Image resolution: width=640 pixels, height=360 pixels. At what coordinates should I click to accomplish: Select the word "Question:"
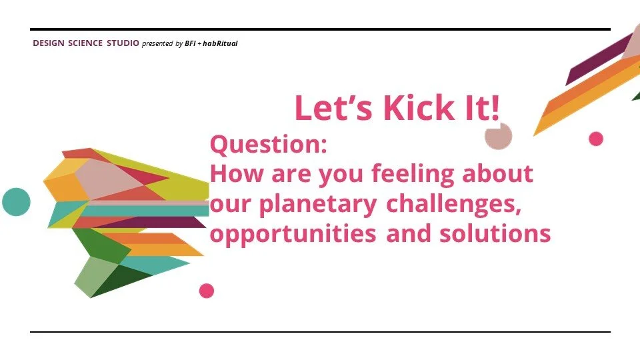pyautogui.click(x=268, y=145)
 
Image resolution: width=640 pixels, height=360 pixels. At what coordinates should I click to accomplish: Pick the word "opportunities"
pyautogui.click(x=293, y=234)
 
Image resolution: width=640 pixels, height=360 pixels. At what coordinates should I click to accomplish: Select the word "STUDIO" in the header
pyautogui.click(x=123, y=44)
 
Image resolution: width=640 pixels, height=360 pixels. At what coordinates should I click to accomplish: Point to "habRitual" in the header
pyautogui.click(x=220, y=44)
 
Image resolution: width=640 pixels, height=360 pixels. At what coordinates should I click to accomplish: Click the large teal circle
pyautogui.click(x=16, y=201)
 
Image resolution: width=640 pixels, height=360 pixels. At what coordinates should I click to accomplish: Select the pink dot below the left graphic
pyautogui.click(x=207, y=291)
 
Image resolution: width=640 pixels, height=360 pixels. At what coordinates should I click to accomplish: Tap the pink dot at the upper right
pyautogui.click(x=596, y=139)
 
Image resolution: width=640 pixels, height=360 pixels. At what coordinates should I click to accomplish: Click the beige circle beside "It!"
pyautogui.click(x=499, y=135)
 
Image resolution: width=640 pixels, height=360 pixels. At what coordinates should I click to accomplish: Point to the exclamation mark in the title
pyautogui.click(x=494, y=108)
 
